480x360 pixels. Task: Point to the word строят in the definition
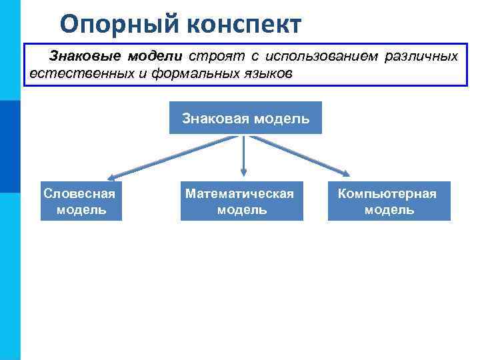(211, 56)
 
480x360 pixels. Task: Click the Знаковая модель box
(245, 118)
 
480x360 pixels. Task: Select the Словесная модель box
(81, 201)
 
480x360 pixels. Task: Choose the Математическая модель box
(241, 201)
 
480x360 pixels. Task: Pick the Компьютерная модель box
(389, 201)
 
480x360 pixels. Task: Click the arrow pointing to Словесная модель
(173, 157)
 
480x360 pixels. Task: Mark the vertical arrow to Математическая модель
(243, 157)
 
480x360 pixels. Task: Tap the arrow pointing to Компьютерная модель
(300, 157)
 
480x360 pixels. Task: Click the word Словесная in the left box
(79, 193)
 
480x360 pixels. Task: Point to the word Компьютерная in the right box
(387, 193)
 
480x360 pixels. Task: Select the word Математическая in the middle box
(240, 193)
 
